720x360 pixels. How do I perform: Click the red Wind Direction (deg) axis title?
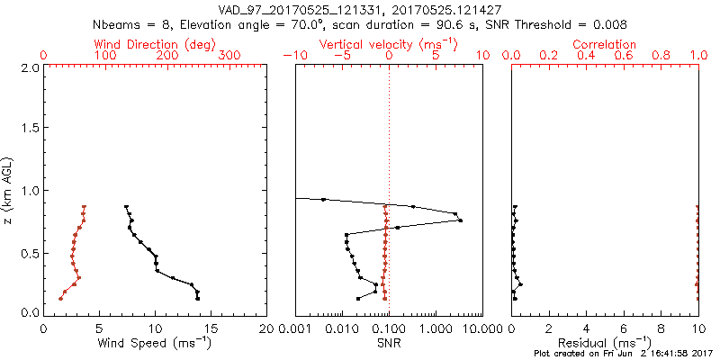pos(155,44)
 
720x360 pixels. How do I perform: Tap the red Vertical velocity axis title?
pos(388,44)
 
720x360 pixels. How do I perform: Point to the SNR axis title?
pos(388,344)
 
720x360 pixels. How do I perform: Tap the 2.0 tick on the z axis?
pos(31,68)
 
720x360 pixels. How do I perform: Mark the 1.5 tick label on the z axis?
pos(31,130)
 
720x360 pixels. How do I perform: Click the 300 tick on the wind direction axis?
pos(229,55)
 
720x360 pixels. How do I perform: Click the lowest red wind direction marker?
pos(60,298)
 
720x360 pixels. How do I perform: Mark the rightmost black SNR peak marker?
pos(460,220)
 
